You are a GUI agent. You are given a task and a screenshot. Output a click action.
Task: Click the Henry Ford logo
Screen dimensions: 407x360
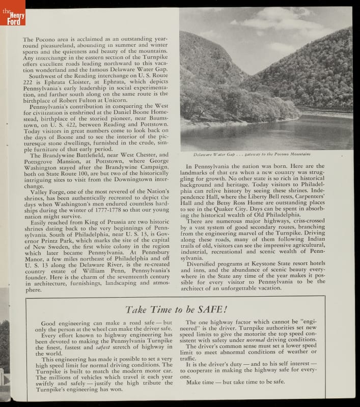pyautogui.click(x=12, y=14)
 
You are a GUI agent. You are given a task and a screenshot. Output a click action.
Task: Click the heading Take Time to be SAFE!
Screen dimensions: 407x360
pyautogui.click(x=176, y=309)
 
